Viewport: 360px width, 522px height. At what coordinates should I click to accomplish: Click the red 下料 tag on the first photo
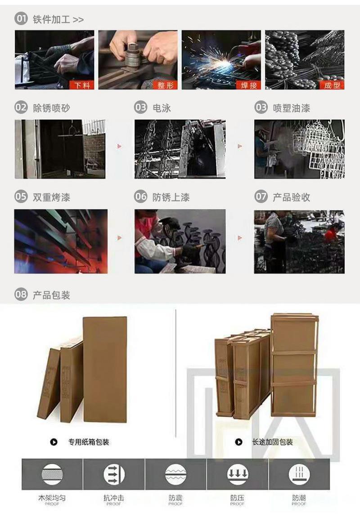(82, 85)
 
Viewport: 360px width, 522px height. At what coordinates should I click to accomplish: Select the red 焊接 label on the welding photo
(248, 85)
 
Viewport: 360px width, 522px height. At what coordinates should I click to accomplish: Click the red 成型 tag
(332, 85)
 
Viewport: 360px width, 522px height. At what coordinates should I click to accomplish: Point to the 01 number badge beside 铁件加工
(21, 19)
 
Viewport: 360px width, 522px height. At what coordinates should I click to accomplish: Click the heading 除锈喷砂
(51, 107)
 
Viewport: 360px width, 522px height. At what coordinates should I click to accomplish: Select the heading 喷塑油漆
(291, 107)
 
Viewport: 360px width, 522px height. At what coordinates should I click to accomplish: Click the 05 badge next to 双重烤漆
(21, 197)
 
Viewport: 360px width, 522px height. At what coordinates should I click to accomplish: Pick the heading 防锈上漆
(171, 197)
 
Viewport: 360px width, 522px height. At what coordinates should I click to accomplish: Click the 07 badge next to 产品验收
(261, 197)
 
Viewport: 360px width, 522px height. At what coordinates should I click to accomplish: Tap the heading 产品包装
(51, 295)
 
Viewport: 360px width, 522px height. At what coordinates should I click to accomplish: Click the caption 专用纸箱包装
(89, 442)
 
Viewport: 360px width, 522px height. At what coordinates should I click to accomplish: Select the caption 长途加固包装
(272, 442)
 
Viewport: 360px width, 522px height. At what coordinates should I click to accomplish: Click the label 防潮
(299, 498)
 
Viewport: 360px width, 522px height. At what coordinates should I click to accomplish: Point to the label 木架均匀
(52, 498)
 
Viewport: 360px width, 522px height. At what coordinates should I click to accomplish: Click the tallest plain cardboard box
(105, 369)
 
